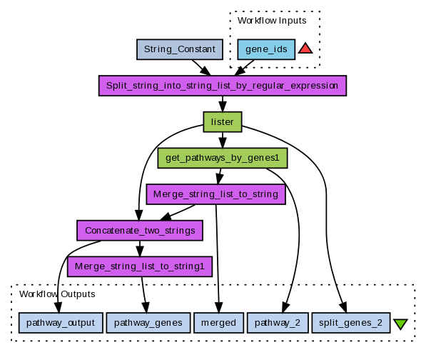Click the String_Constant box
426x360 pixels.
180,49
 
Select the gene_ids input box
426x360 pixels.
266,49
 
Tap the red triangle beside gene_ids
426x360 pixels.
305,48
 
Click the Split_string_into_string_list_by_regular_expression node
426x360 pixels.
223,86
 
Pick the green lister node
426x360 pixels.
223,122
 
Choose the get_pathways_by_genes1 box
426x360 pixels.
223,158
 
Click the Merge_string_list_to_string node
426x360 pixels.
216,194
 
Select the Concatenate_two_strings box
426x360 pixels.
140,231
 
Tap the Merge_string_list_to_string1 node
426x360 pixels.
140,266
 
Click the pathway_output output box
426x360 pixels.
61,323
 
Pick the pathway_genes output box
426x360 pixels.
148,323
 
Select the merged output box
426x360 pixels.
218,323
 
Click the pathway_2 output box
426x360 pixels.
278,323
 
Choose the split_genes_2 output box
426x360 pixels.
351,323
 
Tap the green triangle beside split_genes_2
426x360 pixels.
400,324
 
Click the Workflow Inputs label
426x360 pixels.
272,21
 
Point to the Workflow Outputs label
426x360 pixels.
57,294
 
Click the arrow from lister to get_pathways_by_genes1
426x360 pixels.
223,140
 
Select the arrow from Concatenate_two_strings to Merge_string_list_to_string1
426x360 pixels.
140,249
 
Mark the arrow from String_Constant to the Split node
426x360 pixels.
201,67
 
